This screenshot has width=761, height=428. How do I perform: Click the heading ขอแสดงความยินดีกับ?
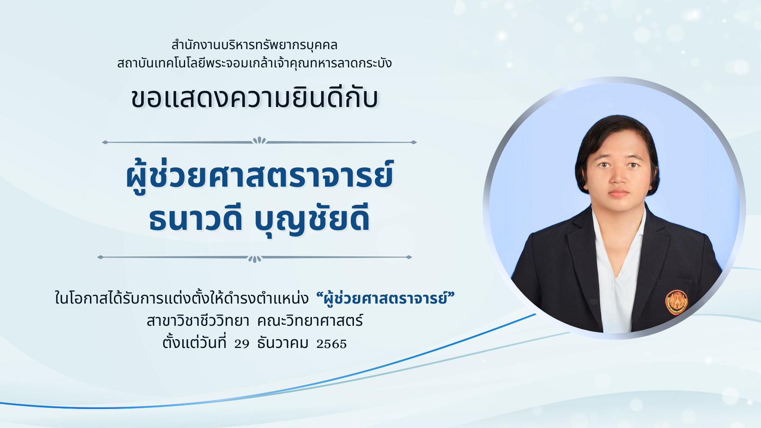coord(254,98)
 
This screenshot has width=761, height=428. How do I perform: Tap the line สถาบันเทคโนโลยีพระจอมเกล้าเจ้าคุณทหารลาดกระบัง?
coord(254,63)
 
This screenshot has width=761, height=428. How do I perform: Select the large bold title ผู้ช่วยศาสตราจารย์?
coord(260,176)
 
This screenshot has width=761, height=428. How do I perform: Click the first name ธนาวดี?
coord(195,218)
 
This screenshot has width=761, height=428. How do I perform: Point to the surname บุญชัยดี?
coord(312,219)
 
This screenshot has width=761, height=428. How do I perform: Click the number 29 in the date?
coord(242,344)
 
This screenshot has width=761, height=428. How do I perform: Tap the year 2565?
coord(331,344)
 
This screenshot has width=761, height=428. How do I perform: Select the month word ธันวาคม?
coord(283,342)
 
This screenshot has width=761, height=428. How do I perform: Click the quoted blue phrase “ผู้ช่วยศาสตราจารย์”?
coord(385,298)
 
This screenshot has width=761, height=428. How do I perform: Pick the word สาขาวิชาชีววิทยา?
coord(198,320)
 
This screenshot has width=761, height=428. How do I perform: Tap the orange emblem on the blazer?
coord(676,302)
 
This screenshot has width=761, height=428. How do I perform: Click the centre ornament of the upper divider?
coord(259,141)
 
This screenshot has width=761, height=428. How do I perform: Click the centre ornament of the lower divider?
coord(254,258)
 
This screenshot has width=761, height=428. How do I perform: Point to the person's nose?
coord(618,176)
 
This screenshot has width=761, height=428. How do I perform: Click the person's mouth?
coord(619,193)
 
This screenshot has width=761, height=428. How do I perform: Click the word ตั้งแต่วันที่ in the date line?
coord(194,342)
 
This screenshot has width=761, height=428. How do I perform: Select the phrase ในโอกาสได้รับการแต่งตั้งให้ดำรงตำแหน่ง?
coord(182,298)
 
